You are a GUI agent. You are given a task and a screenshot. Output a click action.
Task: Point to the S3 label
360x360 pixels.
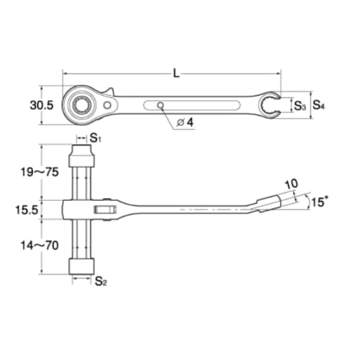(300, 106)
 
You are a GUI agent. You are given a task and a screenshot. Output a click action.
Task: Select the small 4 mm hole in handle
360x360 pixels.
(161, 105)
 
